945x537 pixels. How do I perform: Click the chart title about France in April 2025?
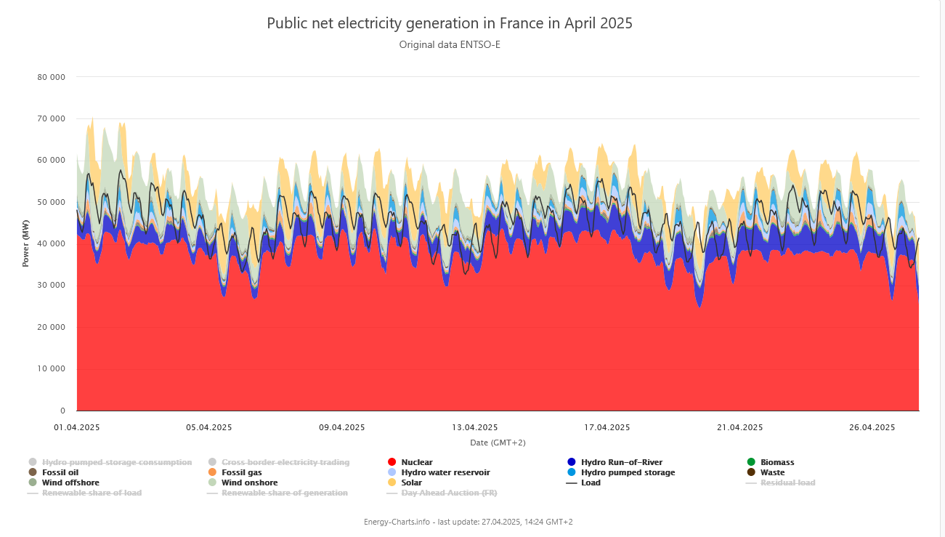450,23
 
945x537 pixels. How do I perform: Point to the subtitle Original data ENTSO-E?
450,45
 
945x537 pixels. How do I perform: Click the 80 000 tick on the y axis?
51,77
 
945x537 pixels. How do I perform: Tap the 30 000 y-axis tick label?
51,286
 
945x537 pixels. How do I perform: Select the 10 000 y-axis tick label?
51,369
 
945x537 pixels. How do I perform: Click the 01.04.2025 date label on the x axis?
77,427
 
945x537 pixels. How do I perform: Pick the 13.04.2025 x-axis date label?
475,427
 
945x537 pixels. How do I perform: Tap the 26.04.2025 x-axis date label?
872,427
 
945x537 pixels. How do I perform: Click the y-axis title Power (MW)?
25,243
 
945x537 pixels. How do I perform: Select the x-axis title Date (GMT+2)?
498,443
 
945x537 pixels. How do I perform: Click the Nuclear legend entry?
416,462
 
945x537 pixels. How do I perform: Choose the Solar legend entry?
411,483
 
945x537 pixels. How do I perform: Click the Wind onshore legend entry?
249,483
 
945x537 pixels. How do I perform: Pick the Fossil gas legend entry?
241,472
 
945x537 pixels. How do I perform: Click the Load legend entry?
591,483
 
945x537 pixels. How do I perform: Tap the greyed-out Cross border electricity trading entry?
285,462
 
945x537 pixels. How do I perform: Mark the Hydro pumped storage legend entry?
628,472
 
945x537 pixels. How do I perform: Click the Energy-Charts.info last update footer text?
469,522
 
